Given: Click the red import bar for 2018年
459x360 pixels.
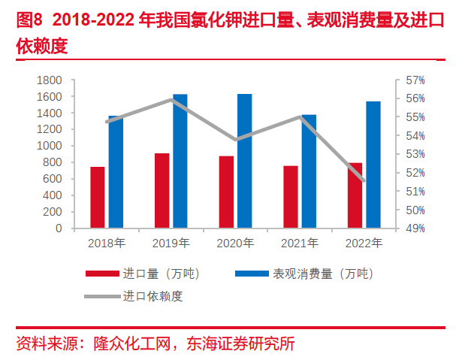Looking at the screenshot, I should pos(98,197).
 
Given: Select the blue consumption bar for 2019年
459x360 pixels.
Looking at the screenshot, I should pos(180,161).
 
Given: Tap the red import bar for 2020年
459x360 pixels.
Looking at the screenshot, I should pos(226,192).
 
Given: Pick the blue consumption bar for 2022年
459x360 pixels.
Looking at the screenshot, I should pos(373,165).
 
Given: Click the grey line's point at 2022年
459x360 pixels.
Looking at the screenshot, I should pos(364,180).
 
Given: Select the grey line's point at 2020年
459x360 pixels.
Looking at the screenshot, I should pos(236,140).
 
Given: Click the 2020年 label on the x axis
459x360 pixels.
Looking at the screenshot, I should pos(235,243).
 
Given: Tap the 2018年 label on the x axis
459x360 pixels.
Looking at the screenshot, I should pos(107,243).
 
